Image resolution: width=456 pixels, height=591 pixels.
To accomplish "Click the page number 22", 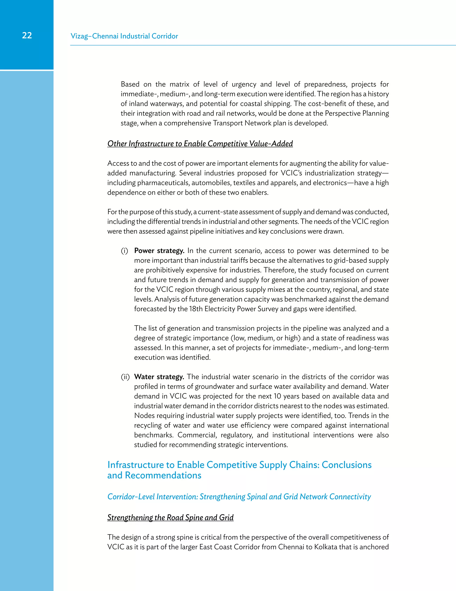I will [x=27, y=35].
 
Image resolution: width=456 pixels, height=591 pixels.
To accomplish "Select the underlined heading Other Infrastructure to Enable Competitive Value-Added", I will [x=200, y=144].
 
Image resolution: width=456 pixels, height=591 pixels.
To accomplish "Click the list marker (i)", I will [x=124, y=251].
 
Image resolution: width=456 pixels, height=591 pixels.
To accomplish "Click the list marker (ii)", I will [x=125, y=377].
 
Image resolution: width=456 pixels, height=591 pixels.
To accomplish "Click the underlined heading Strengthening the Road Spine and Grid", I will [x=170, y=517].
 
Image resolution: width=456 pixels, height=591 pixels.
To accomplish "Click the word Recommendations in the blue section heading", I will [x=163, y=475].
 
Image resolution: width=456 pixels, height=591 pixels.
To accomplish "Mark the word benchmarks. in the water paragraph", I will [x=154, y=435].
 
